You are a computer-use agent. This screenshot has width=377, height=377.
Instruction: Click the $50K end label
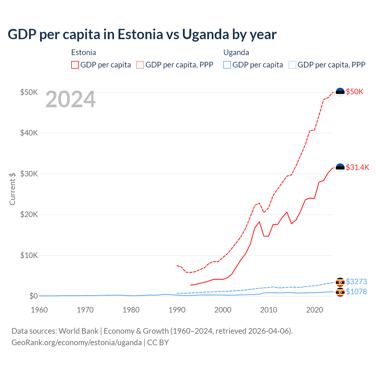click(x=355, y=92)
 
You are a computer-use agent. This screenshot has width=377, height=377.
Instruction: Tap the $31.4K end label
click(x=357, y=167)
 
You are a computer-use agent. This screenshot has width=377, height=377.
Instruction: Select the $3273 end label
click(x=356, y=282)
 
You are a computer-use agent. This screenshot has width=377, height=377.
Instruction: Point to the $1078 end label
click(x=356, y=292)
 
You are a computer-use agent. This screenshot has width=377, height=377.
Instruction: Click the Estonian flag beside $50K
click(x=340, y=92)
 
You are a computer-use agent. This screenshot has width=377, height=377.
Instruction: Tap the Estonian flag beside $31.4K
click(x=340, y=168)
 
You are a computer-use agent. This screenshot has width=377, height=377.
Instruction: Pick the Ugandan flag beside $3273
click(x=340, y=282)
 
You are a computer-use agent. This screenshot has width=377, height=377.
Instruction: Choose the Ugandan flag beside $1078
click(x=340, y=292)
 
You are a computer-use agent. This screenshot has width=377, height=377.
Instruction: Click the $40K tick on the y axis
click(x=29, y=133)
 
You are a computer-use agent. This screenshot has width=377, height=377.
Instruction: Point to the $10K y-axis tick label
click(x=29, y=255)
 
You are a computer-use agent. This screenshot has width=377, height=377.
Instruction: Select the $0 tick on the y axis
click(x=34, y=296)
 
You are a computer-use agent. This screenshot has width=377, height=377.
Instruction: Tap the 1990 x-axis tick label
click(x=177, y=310)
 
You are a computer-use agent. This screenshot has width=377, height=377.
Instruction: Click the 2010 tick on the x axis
click(x=269, y=310)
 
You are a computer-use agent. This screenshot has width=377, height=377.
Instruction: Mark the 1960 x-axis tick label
click(x=39, y=310)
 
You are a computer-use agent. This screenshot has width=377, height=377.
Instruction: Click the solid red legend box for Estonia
click(x=75, y=65)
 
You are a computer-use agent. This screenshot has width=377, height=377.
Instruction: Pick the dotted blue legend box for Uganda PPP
click(x=292, y=65)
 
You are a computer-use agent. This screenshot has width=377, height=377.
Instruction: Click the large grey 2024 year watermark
click(x=71, y=100)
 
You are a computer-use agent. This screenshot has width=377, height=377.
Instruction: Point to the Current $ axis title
click(x=12, y=189)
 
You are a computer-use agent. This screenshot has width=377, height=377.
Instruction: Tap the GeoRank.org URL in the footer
click(x=77, y=343)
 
